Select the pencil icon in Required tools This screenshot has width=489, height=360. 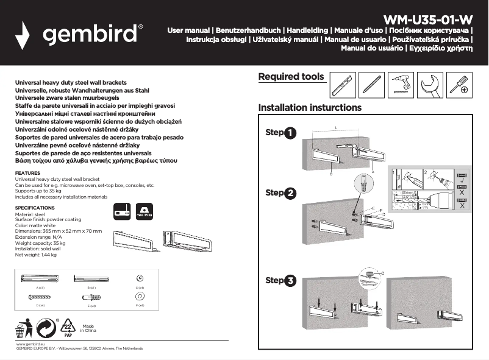[x=371, y=85]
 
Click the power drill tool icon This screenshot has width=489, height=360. [x=401, y=85]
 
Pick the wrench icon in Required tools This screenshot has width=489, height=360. [x=430, y=85]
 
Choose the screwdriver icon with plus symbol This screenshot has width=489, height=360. [x=460, y=85]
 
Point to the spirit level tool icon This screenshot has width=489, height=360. [x=342, y=85]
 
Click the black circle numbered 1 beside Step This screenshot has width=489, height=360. [x=290, y=133]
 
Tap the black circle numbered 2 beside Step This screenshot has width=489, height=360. [x=290, y=194]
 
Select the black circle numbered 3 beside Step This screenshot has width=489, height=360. [x=290, y=281]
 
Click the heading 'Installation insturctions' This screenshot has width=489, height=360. [x=310, y=108]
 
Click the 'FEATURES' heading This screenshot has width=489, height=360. [x=27, y=173]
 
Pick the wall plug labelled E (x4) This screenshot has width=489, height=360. [x=91, y=297]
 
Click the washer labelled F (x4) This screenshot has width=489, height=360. [x=139, y=296]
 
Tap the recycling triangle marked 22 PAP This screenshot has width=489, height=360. [x=68, y=328]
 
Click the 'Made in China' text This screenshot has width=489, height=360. [x=90, y=328]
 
